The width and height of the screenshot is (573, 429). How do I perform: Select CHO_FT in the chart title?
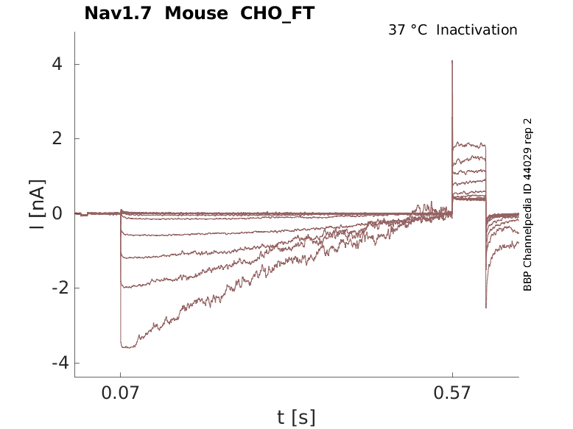point(273,13)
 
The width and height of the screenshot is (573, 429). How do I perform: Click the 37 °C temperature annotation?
point(407,30)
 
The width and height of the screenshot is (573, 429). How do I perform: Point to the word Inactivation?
point(477,30)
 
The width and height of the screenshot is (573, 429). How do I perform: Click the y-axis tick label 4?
point(57,64)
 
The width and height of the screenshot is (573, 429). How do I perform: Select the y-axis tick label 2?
point(57,139)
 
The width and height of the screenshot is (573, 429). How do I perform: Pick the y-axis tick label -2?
point(53,288)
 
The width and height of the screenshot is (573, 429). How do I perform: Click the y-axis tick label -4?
point(53,363)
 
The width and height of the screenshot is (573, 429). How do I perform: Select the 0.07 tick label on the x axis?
point(120,394)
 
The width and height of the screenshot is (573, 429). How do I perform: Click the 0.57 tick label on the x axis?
point(452,394)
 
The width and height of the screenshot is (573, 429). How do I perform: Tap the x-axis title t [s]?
point(296,418)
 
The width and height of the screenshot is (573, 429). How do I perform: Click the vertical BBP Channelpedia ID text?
point(527,205)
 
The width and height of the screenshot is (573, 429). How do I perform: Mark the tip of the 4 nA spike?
point(452,61)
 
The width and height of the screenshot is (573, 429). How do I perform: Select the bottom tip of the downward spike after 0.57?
point(486,308)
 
